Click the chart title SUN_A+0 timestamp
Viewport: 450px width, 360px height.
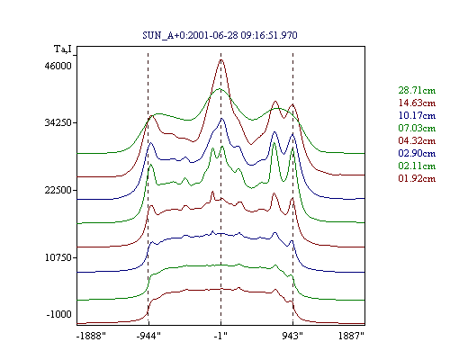220,35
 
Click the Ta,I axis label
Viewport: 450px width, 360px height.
63,49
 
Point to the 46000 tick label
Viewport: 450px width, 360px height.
58,66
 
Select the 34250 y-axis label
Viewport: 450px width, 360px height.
58,122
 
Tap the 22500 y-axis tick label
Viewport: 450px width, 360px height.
58,190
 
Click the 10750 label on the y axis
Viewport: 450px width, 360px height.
58,257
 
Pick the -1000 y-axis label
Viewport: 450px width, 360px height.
59,314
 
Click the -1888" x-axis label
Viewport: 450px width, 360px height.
91,336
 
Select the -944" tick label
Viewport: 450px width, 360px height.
148,336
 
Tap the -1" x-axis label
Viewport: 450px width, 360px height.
220,336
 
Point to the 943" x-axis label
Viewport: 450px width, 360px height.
292,336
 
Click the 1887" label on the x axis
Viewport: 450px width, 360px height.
351,336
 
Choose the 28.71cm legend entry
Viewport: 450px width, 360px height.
417,90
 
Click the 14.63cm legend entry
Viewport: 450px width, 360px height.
417,103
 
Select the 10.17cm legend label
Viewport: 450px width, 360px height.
417,115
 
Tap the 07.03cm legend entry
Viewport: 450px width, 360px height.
417,128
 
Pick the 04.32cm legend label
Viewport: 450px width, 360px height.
417,140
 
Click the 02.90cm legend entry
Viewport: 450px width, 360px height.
417,153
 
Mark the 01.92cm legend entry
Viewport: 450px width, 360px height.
417,178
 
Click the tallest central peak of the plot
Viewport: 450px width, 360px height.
221,59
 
